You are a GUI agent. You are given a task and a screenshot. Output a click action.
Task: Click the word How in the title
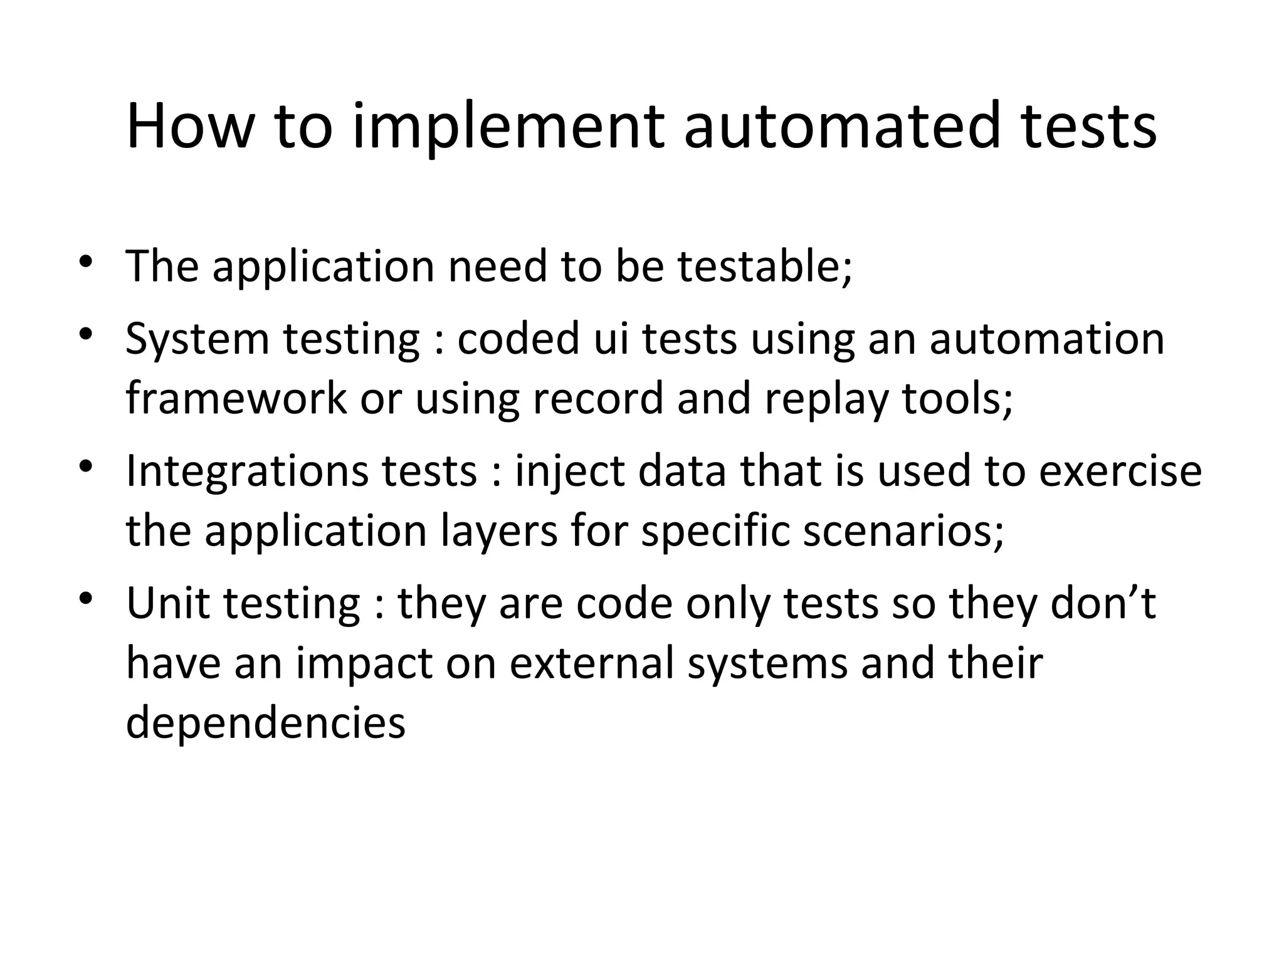(x=187, y=127)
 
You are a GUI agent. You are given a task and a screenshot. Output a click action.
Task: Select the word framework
(x=236, y=398)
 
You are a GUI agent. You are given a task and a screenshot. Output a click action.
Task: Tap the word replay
(x=826, y=399)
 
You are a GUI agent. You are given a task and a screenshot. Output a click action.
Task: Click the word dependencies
(x=266, y=723)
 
